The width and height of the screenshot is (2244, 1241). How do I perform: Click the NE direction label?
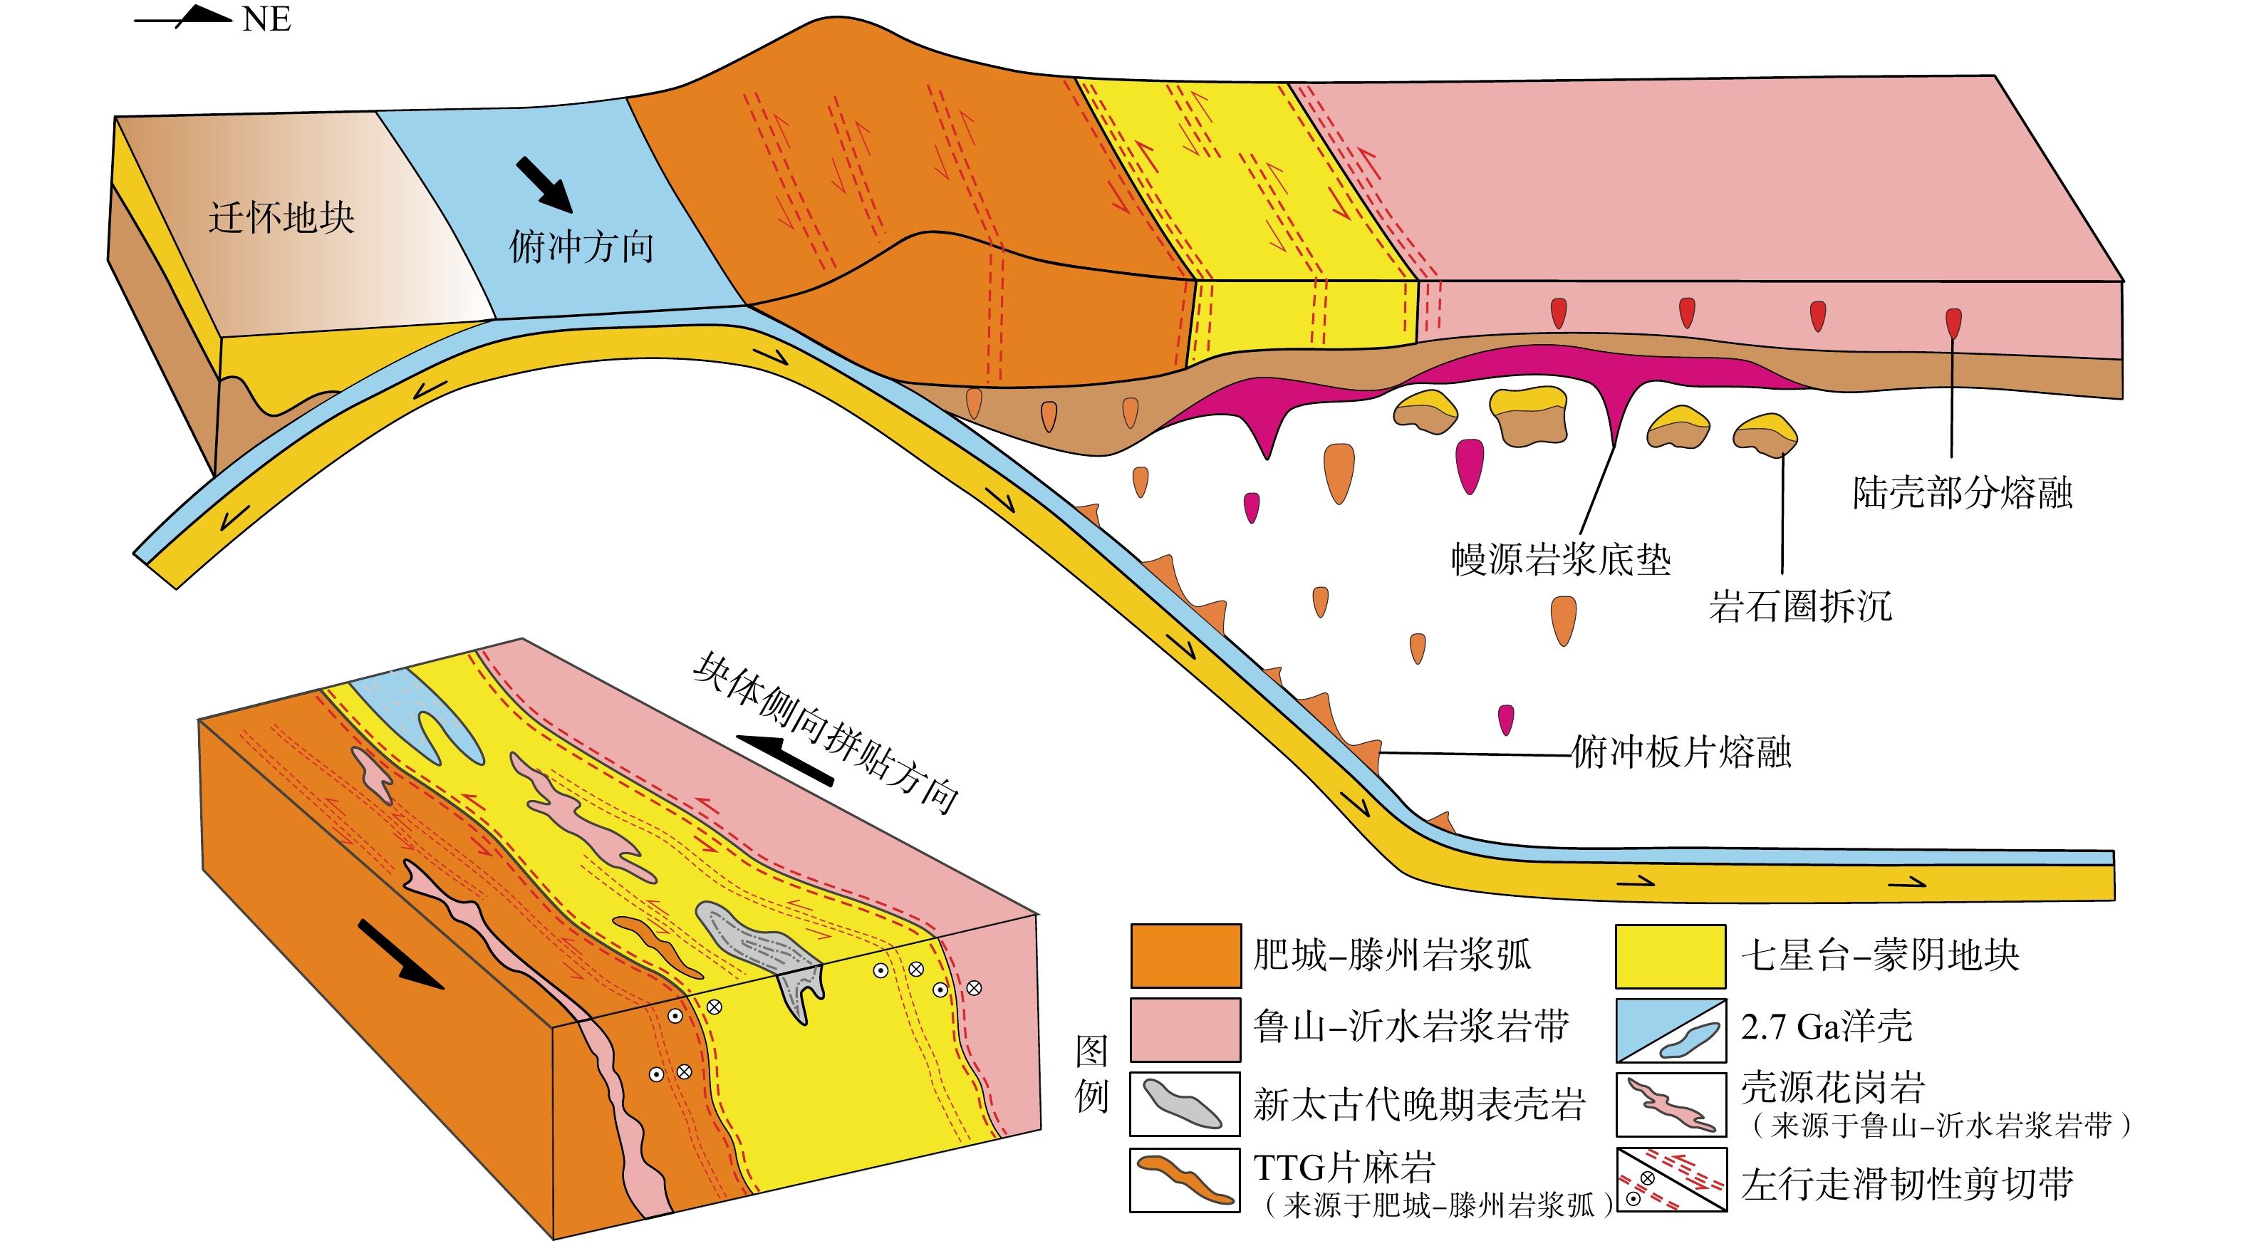coord(266,19)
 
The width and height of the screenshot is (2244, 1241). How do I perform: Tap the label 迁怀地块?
coord(281,218)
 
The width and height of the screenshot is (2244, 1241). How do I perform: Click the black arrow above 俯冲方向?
coord(544,184)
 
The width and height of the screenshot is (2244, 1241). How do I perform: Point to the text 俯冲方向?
coord(581,246)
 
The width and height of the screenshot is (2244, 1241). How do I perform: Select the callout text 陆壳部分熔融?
coord(1962,493)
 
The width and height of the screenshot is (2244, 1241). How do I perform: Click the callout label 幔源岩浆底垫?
coord(1560,559)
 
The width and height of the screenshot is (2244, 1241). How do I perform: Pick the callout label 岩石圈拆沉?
coord(1799,606)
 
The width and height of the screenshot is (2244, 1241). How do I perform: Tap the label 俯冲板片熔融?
coord(1681,752)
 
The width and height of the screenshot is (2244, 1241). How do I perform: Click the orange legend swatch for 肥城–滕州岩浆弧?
coord(1185,955)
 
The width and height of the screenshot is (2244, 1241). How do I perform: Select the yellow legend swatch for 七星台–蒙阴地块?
coord(1670,955)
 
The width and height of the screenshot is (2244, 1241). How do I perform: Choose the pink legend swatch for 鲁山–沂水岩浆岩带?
coord(1185,1029)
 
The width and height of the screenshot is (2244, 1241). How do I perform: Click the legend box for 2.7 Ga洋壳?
coord(1670,1030)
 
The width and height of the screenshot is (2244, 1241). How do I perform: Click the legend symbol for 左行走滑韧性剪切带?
coord(1670,1180)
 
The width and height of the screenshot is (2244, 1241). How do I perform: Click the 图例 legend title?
coord(1091,1073)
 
